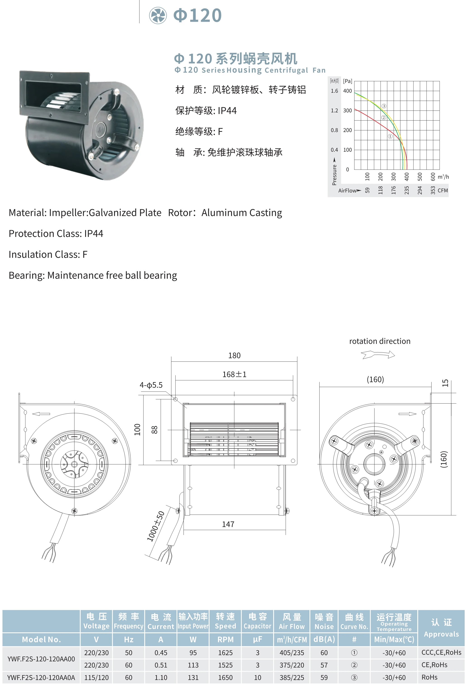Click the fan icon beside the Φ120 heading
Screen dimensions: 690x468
point(158,15)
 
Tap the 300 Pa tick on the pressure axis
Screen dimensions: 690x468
point(347,111)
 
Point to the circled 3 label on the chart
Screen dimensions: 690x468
point(384,106)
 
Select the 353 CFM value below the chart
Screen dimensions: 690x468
point(433,190)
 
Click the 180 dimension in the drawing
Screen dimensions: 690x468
point(234,355)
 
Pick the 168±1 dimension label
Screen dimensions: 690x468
point(234,374)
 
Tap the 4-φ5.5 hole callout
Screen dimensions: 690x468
point(151,385)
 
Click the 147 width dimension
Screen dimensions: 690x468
point(228,524)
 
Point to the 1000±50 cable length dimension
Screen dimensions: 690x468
point(156,526)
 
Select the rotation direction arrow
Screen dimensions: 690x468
point(378,354)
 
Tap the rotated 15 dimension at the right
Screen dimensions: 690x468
point(445,383)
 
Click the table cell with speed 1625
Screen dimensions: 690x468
point(225,653)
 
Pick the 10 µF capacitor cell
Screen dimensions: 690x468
point(257,678)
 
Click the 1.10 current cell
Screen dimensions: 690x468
point(161,678)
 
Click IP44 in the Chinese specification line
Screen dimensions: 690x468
point(227,111)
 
